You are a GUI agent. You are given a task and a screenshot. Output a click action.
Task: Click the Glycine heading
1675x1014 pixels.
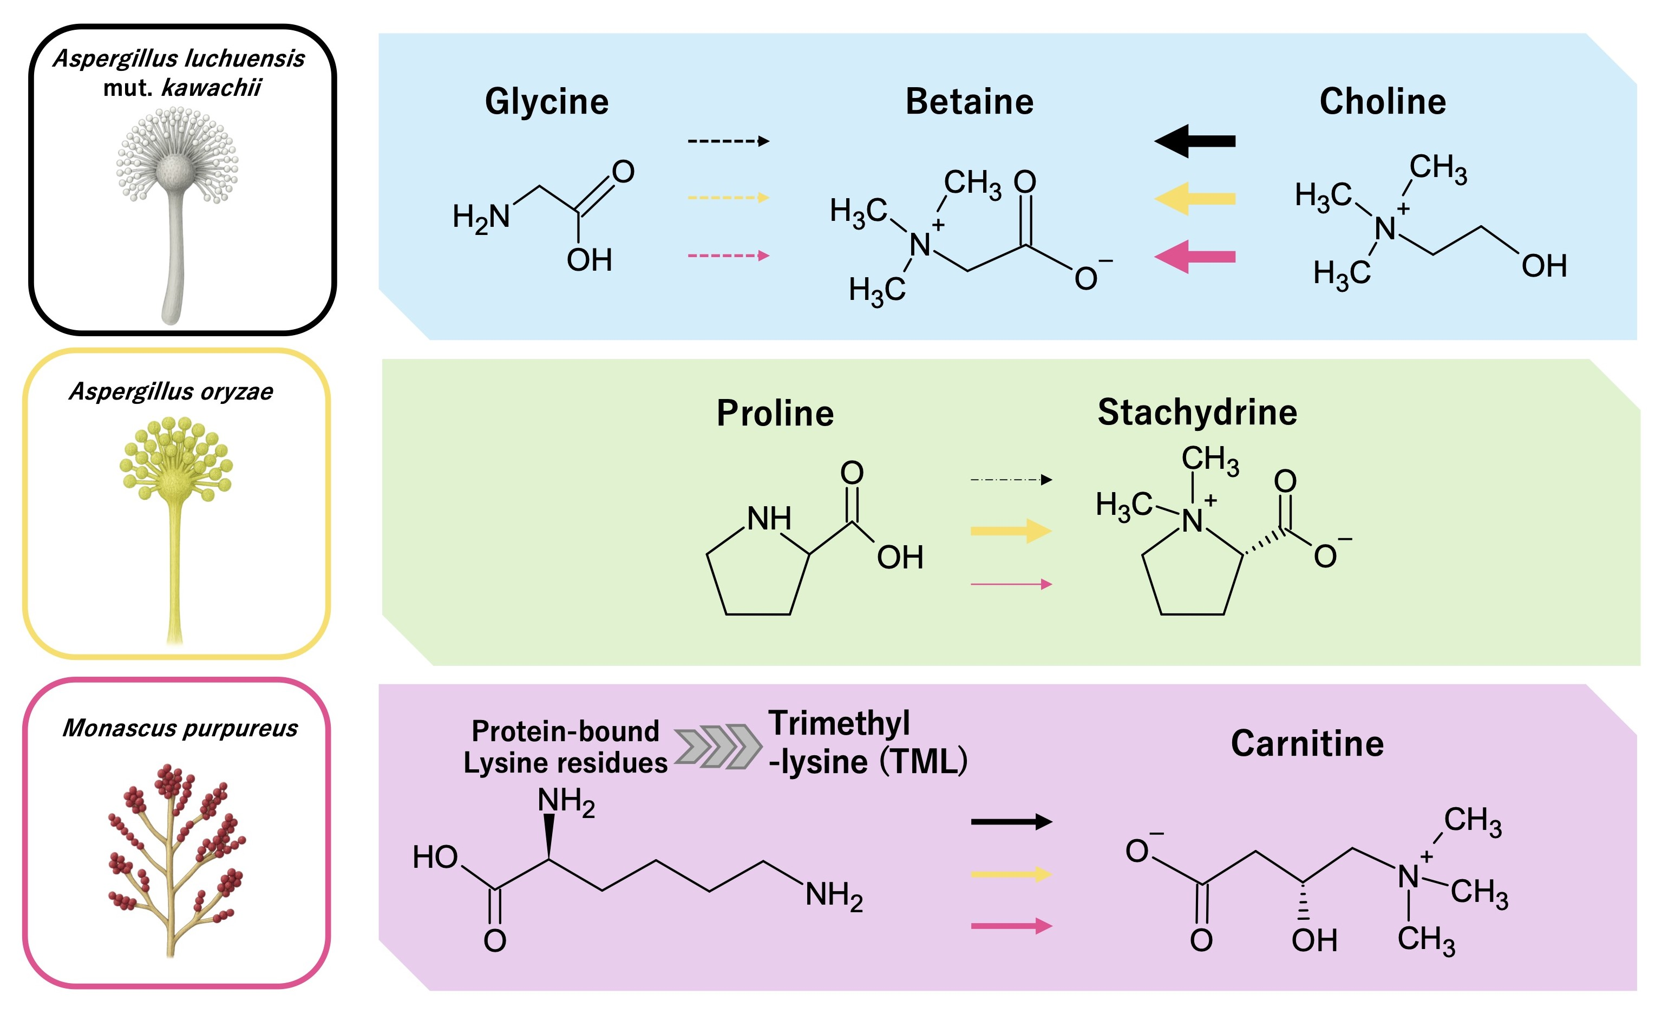(x=547, y=102)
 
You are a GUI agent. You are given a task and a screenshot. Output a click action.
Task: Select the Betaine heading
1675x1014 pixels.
(x=970, y=102)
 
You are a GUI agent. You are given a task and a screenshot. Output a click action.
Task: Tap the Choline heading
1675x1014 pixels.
(x=1383, y=102)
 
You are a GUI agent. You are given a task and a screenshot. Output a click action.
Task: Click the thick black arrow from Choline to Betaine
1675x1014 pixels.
(x=1194, y=141)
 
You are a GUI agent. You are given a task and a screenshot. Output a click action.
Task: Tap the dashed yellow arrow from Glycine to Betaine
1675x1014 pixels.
(x=728, y=198)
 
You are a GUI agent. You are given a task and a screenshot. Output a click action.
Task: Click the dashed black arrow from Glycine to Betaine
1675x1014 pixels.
(x=728, y=141)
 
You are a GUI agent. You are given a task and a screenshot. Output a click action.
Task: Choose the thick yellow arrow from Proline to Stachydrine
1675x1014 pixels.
(x=1011, y=531)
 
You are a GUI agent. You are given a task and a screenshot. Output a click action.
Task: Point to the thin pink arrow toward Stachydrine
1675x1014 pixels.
(x=1011, y=584)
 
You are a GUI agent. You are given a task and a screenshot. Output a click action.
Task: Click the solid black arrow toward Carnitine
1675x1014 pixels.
(x=1011, y=822)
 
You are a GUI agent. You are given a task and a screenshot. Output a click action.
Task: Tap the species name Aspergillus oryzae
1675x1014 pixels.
(x=171, y=391)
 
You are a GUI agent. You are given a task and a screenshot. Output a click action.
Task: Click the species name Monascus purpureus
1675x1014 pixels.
(x=180, y=728)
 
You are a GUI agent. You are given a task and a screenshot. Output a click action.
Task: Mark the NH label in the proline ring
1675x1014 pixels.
(x=769, y=519)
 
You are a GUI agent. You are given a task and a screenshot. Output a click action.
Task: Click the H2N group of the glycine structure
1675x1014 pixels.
(x=481, y=218)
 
